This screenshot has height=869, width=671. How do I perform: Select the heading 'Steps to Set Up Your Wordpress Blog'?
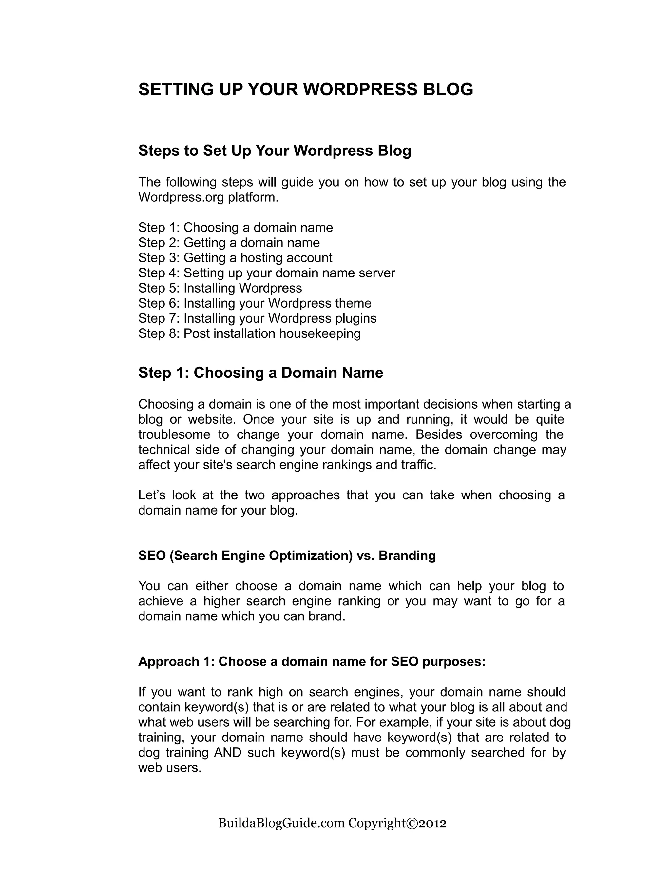(x=274, y=151)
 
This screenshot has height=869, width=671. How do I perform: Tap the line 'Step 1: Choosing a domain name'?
(x=235, y=228)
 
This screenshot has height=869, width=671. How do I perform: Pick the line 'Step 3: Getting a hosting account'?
(x=235, y=258)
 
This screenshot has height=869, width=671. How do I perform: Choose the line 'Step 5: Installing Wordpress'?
(x=220, y=288)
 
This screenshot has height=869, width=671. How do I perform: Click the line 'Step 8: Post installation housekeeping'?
(x=249, y=333)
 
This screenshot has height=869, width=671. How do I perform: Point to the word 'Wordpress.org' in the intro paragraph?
(x=181, y=197)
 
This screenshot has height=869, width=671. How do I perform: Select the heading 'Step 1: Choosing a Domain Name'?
(x=260, y=373)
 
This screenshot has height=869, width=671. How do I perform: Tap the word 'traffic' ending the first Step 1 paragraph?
(x=423, y=465)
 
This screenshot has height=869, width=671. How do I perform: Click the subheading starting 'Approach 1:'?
(x=312, y=662)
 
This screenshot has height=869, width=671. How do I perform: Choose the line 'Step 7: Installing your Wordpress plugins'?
(x=257, y=318)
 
